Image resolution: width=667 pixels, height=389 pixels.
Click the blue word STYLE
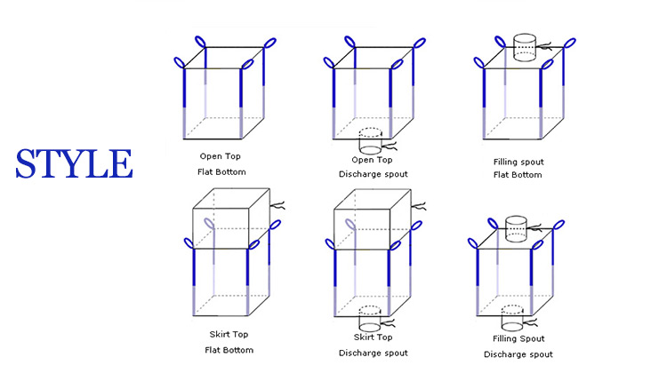[x=73, y=164]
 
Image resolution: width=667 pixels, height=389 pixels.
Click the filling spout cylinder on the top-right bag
[x=525, y=48]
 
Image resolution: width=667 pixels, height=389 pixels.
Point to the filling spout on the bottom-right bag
[x=517, y=228]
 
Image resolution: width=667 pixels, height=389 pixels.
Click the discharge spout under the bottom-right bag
[x=513, y=318]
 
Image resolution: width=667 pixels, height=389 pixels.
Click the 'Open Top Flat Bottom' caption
[x=221, y=163]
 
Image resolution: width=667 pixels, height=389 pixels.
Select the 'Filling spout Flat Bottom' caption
[x=518, y=168]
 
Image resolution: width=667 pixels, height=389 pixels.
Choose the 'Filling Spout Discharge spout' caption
[x=518, y=346]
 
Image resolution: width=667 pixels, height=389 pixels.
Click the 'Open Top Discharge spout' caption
[x=374, y=167]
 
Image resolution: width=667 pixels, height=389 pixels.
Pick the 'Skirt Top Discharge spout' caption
[x=373, y=345]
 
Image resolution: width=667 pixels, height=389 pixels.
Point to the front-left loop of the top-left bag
[x=180, y=62]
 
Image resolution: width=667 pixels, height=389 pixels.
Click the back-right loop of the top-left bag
[x=269, y=42]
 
